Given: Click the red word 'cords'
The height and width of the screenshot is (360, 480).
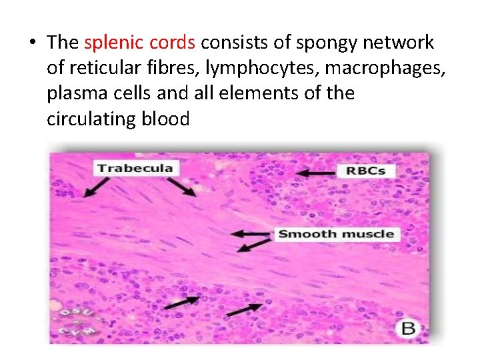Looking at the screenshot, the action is click(x=173, y=43).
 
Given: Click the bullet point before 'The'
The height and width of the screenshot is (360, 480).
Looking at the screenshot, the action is click(x=31, y=43).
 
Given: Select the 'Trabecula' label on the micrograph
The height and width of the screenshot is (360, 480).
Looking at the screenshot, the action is click(x=135, y=167).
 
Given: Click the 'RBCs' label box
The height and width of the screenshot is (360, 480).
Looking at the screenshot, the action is click(x=366, y=171).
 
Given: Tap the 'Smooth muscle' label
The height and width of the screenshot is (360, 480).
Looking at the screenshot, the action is click(x=335, y=234).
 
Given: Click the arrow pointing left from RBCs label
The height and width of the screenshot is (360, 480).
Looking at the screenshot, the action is click(x=316, y=173).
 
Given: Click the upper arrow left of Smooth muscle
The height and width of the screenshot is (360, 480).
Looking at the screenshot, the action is click(x=252, y=234).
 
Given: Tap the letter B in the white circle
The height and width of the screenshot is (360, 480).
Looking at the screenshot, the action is click(x=407, y=329).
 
